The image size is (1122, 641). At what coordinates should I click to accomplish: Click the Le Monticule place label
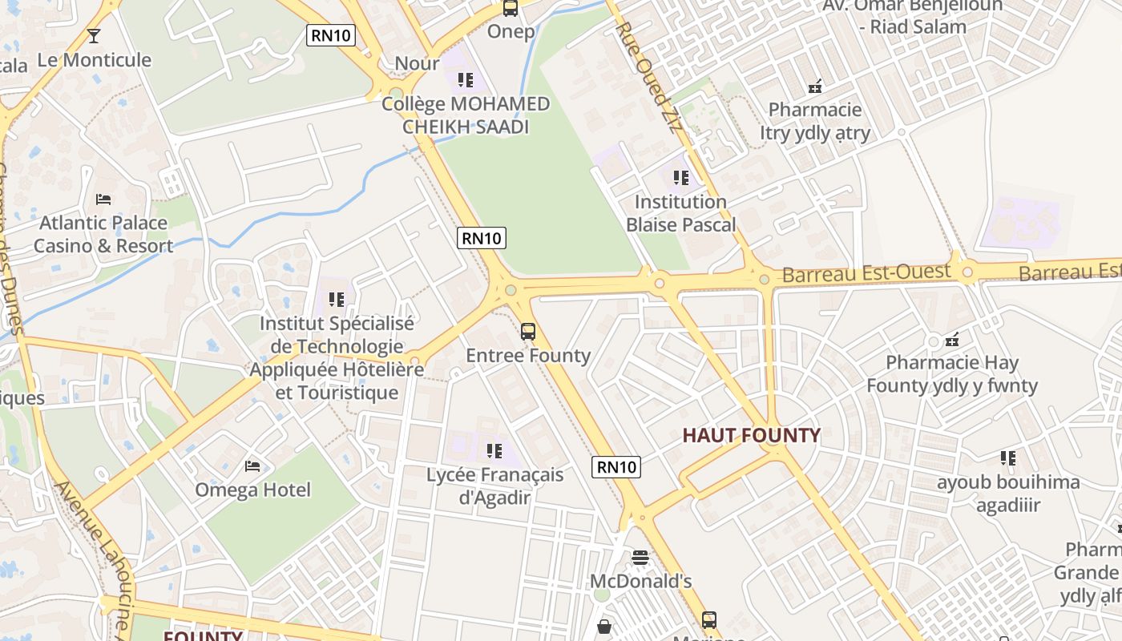tap(95, 60)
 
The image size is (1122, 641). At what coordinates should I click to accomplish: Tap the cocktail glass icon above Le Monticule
tap(94, 35)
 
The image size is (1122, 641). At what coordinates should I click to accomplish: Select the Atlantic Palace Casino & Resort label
tap(103, 234)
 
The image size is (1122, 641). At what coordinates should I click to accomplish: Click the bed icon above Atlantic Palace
tap(103, 199)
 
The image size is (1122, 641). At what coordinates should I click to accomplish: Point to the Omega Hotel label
tap(252, 490)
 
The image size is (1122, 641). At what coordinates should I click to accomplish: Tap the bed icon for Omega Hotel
tap(252, 466)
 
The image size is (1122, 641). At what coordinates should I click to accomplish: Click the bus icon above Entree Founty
tap(528, 331)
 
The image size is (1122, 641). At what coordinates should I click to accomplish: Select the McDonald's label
tap(640, 581)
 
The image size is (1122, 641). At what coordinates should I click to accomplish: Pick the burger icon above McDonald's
tap(640, 557)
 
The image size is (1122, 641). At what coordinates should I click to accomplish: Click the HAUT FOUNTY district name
tap(751, 436)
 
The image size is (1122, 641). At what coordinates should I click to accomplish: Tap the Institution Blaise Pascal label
tap(680, 213)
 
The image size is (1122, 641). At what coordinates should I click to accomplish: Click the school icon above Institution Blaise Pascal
tap(680, 178)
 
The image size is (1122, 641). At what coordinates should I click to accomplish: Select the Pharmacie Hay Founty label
tap(952, 374)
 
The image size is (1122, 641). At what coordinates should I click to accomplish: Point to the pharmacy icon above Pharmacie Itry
tap(815, 86)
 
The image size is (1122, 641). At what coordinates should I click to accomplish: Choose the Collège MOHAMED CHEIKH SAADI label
tap(466, 115)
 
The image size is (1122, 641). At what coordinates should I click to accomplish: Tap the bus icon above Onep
tap(511, 8)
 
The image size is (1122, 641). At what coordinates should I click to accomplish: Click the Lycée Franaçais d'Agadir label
tap(494, 486)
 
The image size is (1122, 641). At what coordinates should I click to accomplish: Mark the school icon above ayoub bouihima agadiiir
tap(1008, 458)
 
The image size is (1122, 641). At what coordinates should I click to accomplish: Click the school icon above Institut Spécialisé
tap(337, 300)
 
